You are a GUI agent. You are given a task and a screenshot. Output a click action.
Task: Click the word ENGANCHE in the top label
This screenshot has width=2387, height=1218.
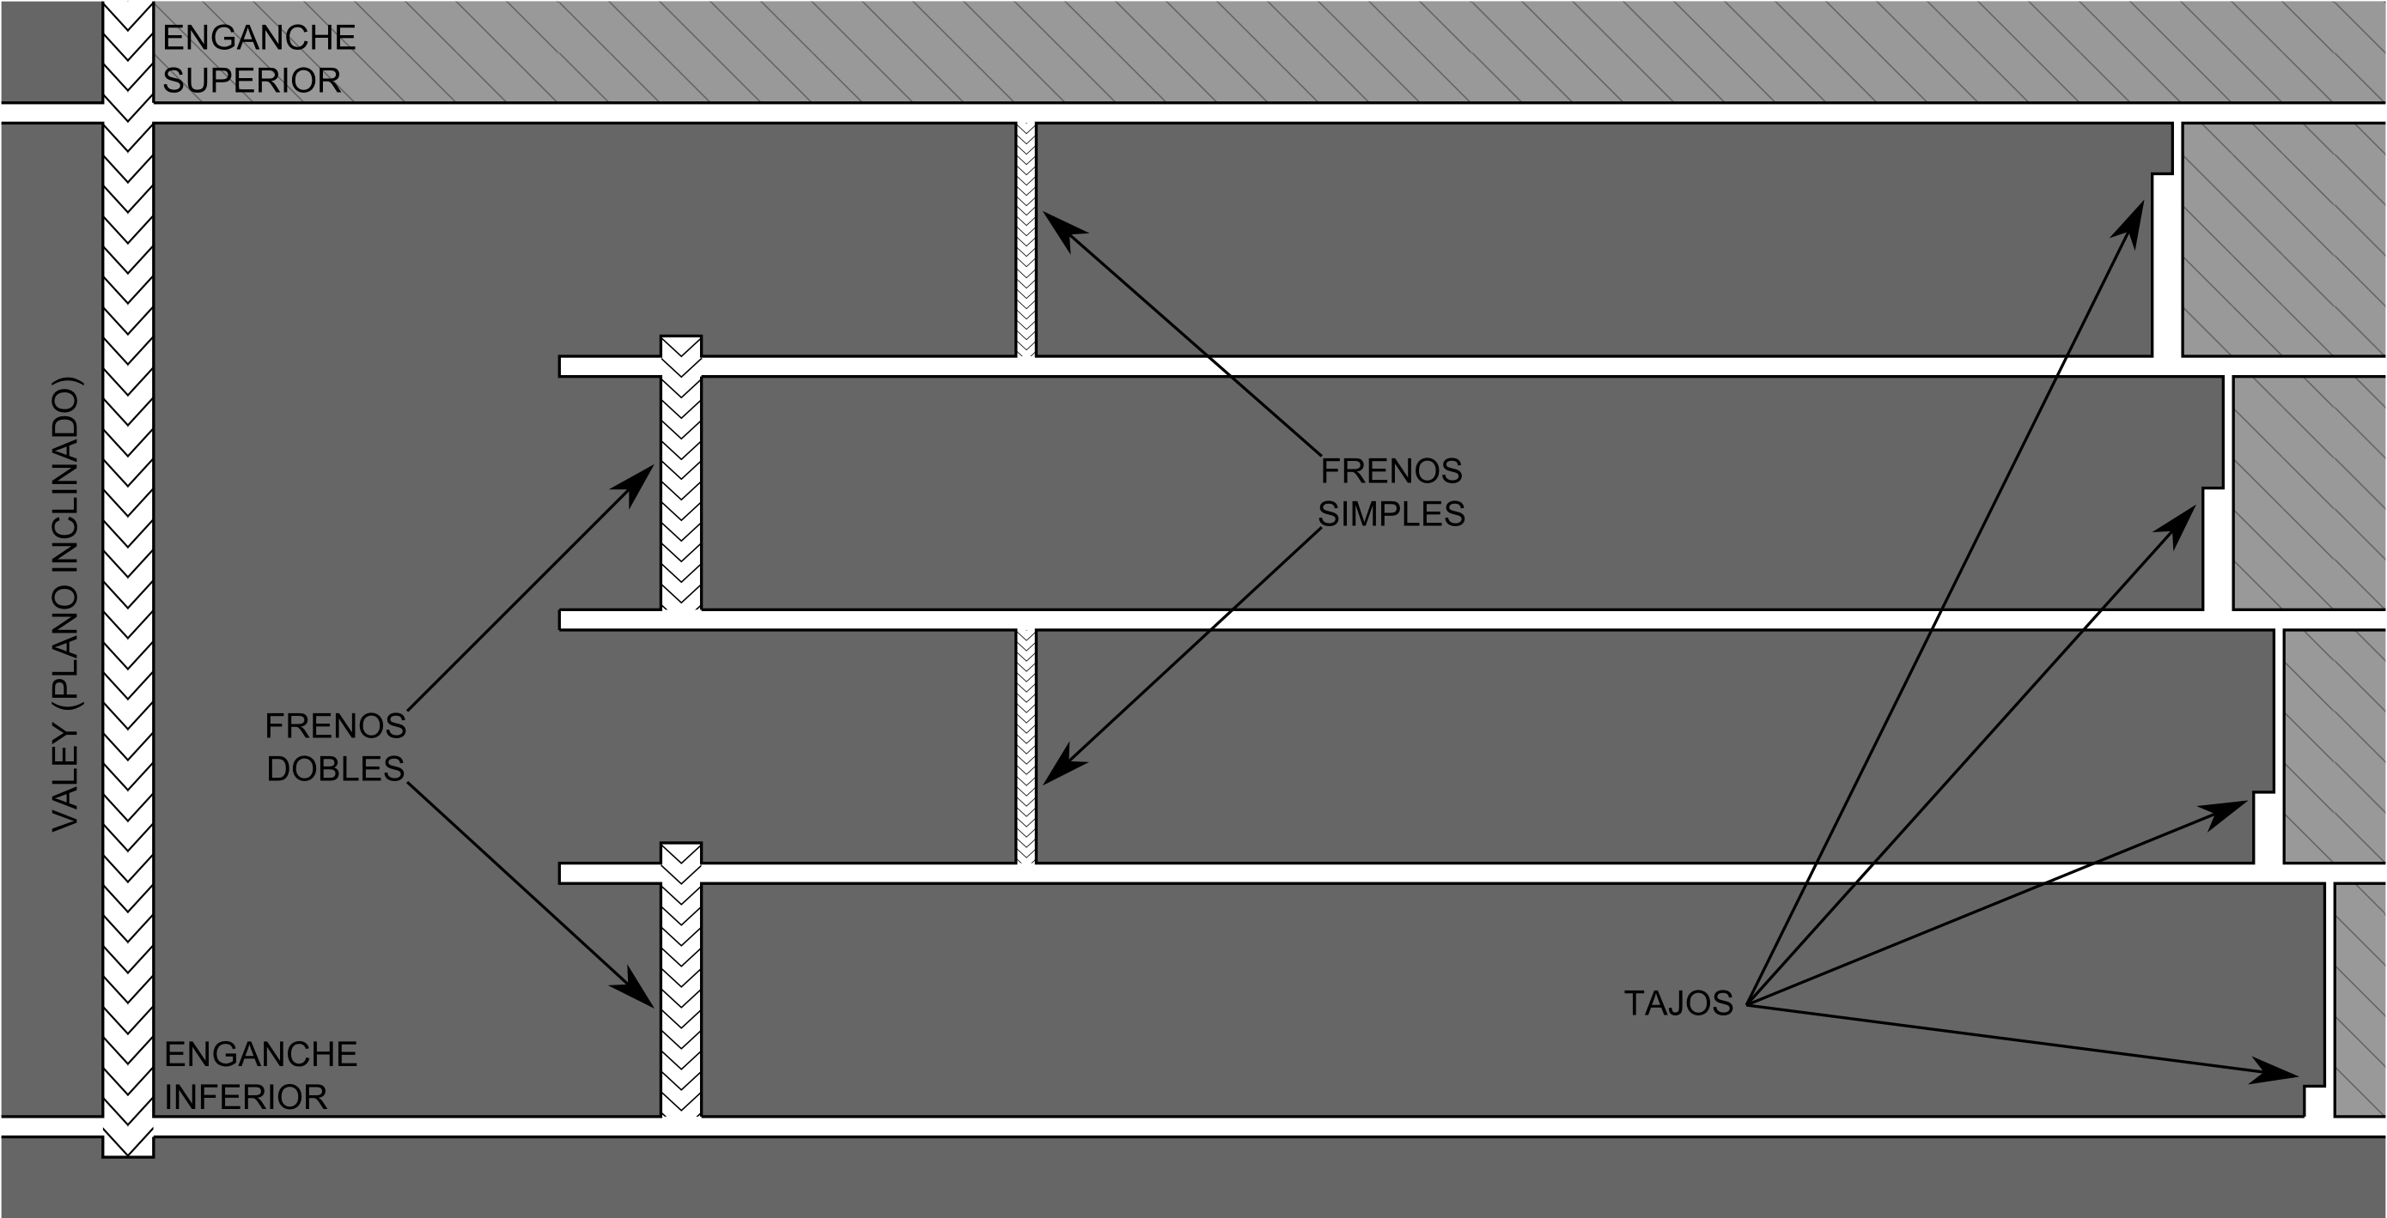[x=259, y=38]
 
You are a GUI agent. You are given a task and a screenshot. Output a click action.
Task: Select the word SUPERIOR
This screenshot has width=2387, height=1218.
[x=252, y=81]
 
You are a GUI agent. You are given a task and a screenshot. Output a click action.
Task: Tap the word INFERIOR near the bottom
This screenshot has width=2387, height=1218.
[x=247, y=1097]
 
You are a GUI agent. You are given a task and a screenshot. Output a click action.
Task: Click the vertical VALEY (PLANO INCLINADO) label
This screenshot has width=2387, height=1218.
[x=66, y=604]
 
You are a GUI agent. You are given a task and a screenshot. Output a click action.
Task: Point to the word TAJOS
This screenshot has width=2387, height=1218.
[x=1678, y=1003]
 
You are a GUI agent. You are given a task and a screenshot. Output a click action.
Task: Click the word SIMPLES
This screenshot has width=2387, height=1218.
[x=1391, y=514]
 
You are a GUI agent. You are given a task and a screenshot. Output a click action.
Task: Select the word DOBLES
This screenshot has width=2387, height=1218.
[x=336, y=769]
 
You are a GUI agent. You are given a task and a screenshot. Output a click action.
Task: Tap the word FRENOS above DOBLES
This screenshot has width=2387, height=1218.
[x=336, y=726]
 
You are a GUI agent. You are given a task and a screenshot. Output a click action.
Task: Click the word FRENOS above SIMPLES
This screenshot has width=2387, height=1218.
[x=1391, y=471]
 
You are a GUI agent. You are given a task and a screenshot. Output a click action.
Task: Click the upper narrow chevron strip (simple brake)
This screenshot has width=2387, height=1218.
[x=1026, y=239]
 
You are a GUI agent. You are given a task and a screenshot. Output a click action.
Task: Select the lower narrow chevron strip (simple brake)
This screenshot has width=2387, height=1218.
[x=1026, y=747]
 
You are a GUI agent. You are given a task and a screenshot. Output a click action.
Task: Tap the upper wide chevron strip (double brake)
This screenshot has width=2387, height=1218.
[x=681, y=472]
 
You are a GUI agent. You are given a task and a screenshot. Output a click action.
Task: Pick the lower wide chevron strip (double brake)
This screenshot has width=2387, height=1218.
[x=681, y=980]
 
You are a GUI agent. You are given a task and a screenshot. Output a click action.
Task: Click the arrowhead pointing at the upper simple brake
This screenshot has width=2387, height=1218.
[x=1061, y=227]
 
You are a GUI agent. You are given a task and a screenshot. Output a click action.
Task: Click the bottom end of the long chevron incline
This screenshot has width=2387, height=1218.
[x=128, y=1156]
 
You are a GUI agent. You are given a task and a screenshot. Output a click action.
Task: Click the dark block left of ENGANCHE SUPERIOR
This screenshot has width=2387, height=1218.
[x=51, y=51]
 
